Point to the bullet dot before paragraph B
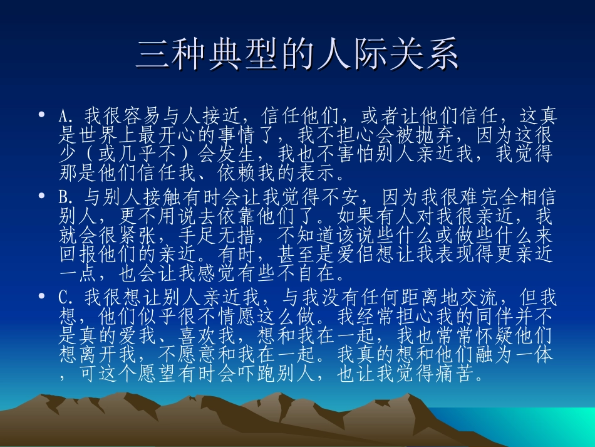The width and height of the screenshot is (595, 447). coord(41,196)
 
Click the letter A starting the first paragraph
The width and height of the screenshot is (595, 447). coord(63,117)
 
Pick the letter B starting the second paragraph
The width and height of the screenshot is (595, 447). coord(63,199)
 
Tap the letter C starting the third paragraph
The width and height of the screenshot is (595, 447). coord(63,297)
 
